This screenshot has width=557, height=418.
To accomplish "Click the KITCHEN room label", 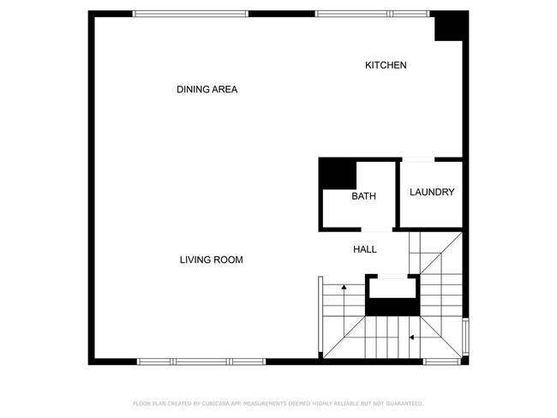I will tap(386, 65).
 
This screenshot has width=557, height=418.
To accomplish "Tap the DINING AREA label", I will tap(207, 89).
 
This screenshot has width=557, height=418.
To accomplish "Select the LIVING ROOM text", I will tap(212, 260).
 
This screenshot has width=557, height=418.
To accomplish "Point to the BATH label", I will tap(363, 196).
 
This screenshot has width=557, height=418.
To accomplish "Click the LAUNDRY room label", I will tap(431, 192).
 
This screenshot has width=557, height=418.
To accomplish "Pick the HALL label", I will tap(365, 249).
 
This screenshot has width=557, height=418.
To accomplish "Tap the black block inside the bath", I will tap(337, 174).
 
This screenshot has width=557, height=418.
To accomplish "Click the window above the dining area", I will tap(190, 13).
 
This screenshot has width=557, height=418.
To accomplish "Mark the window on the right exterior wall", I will tap(465, 338).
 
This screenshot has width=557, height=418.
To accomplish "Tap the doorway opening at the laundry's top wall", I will tap(417, 159).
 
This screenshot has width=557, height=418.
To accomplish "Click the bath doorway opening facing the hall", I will tap(374, 229).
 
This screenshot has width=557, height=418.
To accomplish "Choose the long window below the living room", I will tap(201, 361).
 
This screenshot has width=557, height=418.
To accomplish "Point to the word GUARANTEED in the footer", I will tap(401, 403).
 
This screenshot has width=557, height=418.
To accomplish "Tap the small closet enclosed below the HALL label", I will tap(392, 296).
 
